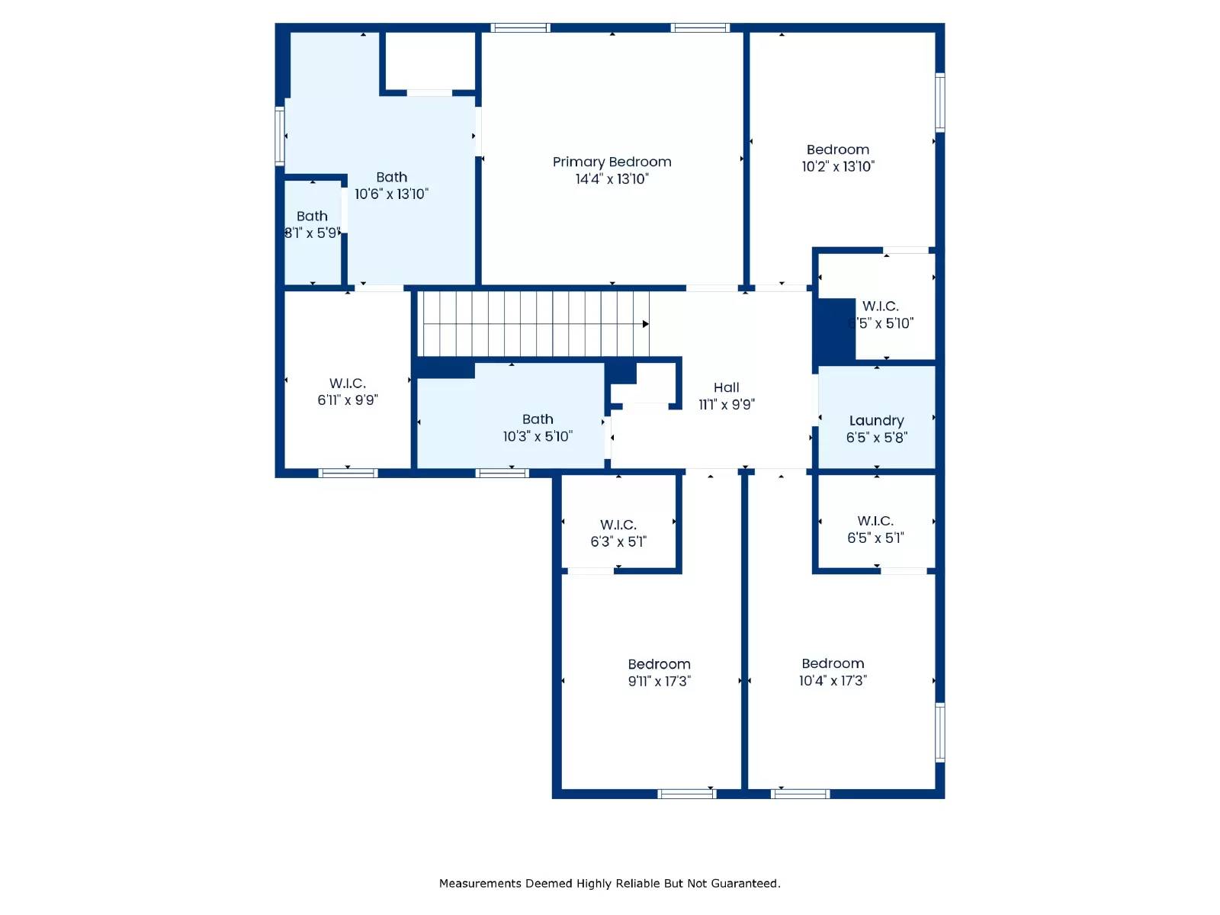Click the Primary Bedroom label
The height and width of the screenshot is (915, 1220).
click(612, 162)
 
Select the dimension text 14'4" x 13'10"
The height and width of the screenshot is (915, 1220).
click(612, 179)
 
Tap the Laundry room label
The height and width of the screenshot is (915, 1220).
click(876, 421)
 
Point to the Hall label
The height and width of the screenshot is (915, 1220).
click(726, 387)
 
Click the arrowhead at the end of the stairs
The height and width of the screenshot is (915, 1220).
click(645, 324)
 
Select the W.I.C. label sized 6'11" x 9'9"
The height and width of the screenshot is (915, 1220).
click(348, 383)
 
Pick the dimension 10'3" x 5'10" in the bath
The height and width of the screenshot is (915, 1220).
click(537, 436)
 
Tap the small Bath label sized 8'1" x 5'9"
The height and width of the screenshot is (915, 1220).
click(312, 216)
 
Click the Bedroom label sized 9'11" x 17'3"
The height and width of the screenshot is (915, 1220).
click(659, 664)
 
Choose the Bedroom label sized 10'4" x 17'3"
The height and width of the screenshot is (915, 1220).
click(833, 663)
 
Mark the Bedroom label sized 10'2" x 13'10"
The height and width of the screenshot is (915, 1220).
click(837, 149)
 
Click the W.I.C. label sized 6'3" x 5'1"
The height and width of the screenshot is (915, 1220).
click(618, 525)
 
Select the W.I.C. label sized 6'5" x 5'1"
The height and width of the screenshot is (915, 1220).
click(875, 521)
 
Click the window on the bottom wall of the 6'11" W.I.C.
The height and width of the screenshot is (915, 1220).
click(348, 474)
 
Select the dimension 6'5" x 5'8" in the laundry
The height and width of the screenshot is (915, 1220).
click(876, 438)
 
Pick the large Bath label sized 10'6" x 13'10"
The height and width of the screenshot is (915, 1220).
click(391, 177)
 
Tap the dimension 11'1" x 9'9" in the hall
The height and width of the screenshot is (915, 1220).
click(726, 405)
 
